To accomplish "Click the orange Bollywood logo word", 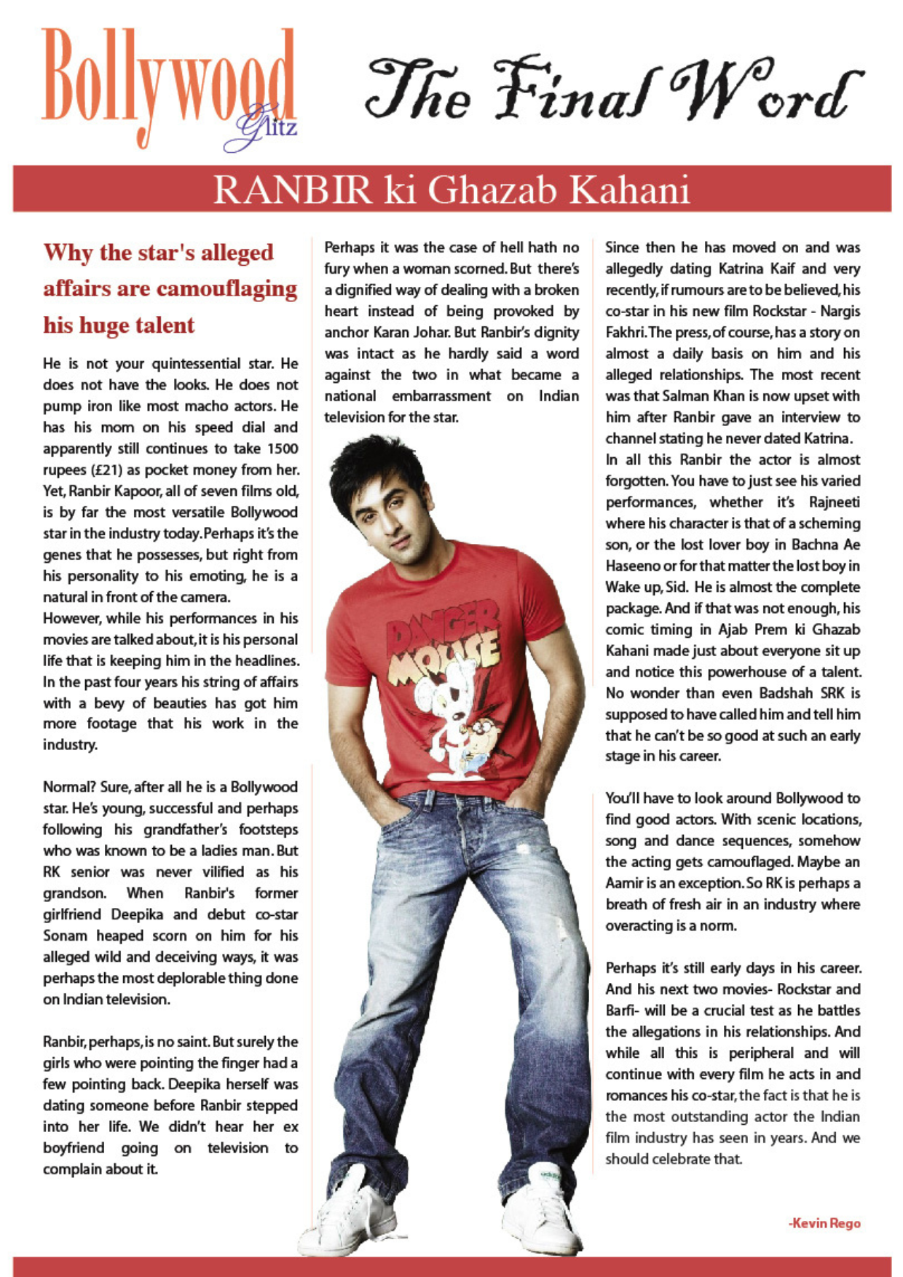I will [x=167, y=80].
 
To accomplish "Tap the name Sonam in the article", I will [x=65, y=936].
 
